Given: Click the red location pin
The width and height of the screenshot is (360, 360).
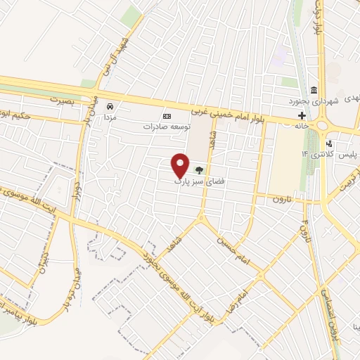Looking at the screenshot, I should pyautogui.click(x=181, y=165).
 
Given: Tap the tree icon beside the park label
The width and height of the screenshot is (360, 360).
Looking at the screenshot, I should pyautogui.click(x=199, y=169).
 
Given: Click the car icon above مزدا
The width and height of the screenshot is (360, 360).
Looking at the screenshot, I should pyautogui.click(x=110, y=106).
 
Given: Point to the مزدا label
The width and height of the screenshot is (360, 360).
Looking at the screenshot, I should pyautogui.click(x=110, y=119).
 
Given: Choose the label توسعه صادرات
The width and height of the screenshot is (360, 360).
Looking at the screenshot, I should pyautogui.click(x=167, y=127).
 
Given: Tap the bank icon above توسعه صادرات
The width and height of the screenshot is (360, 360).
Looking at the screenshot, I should pyautogui.click(x=167, y=116).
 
